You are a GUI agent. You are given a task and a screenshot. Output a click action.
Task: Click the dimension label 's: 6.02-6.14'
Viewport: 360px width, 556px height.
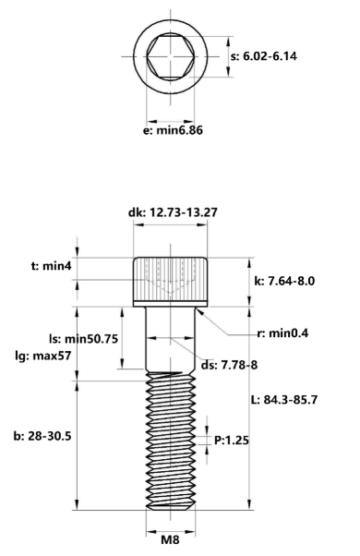tap(264, 56)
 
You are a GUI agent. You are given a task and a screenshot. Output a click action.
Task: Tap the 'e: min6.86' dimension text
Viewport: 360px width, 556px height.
tap(173, 130)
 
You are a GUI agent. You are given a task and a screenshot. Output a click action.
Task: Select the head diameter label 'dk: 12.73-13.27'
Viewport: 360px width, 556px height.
tap(173, 212)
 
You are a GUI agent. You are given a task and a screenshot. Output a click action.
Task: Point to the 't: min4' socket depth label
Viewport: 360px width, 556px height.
tap(52, 266)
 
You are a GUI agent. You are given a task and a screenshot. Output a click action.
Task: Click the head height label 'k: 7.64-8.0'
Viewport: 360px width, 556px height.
tap(284, 281)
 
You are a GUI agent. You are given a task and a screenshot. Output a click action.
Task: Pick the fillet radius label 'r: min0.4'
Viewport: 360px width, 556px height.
tap(282, 333)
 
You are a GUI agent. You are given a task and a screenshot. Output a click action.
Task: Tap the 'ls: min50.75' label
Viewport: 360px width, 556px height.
tap(83, 339)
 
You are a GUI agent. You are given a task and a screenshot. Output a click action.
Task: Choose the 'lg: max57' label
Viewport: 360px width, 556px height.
tap(42, 356)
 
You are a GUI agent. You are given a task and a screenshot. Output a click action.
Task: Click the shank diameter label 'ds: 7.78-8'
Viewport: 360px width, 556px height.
tap(229, 365)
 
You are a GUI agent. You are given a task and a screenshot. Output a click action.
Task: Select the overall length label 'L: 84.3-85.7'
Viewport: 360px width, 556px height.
tap(284, 400)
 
